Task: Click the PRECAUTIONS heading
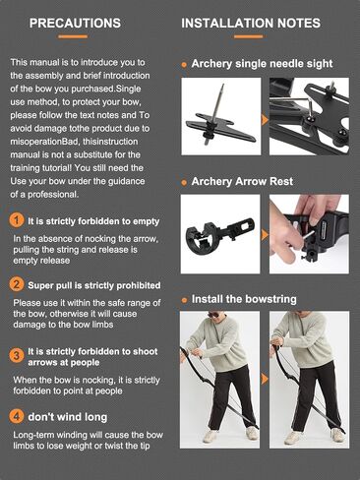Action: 75,23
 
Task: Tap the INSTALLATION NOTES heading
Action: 251,23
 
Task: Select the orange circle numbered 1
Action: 17,220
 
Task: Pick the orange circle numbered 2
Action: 17,284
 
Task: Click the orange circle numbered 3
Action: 17,356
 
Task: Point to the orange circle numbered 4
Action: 17,416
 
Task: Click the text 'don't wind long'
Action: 68,417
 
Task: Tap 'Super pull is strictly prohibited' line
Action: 94,285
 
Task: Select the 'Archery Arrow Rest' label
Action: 242,181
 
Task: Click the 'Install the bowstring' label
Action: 244,299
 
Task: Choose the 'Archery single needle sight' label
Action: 262,64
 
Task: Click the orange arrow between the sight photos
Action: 265,120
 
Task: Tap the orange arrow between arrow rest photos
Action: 265,235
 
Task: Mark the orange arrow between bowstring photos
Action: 265,379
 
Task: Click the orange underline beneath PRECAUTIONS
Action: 73,36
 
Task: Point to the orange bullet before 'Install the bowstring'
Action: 184,300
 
